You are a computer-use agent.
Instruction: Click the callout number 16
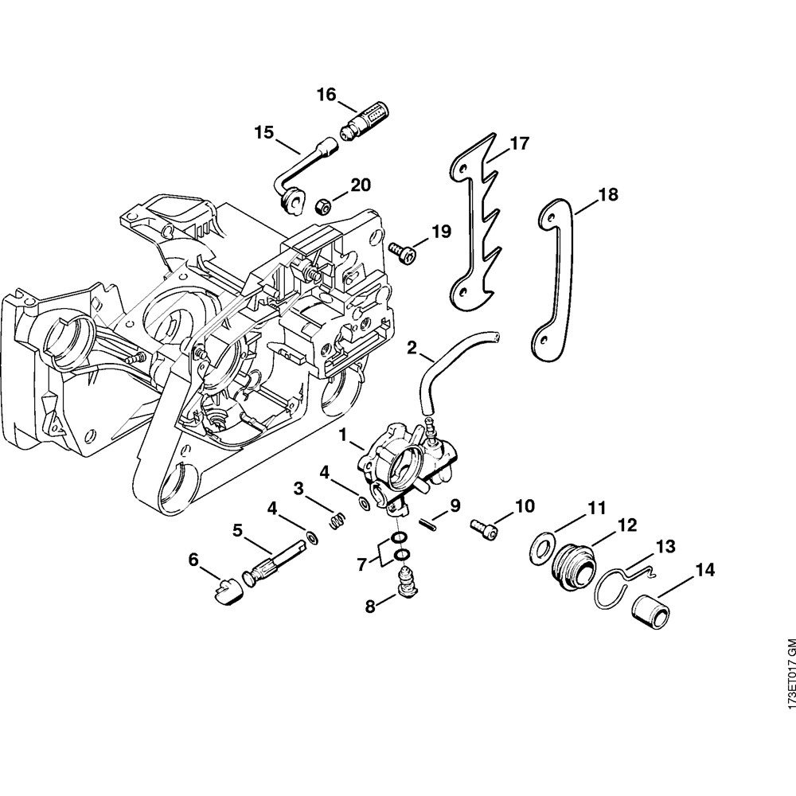pyautogui.click(x=326, y=95)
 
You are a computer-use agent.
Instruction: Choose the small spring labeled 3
pyautogui.click(x=338, y=521)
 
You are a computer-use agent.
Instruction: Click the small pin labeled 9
pyautogui.click(x=431, y=523)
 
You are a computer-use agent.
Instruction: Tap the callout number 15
pyautogui.click(x=263, y=131)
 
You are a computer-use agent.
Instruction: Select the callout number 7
pyautogui.click(x=362, y=564)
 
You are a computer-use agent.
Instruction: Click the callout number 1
pyautogui.click(x=344, y=435)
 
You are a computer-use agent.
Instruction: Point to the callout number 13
pyautogui.click(x=665, y=546)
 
